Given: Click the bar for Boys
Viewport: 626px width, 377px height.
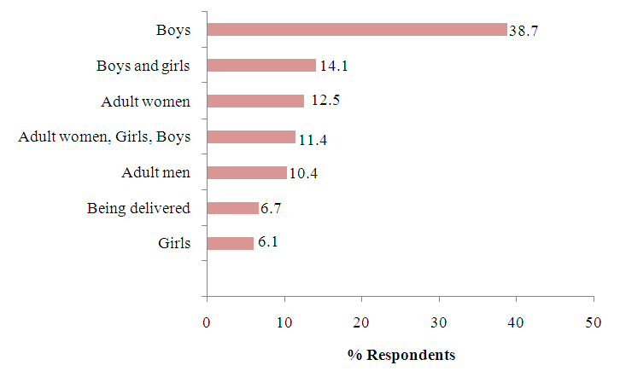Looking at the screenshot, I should click(x=357, y=30).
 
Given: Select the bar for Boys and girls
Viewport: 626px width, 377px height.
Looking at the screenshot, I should click(x=261, y=65).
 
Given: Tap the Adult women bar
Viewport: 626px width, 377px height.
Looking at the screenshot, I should click(x=255, y=101).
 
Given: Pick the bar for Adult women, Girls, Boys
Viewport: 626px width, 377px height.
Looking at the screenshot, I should click(x=251, y=136).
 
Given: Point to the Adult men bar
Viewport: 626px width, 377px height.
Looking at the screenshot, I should click(x=247, y=172).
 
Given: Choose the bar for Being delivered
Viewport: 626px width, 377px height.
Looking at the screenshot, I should click(x=232, y=208).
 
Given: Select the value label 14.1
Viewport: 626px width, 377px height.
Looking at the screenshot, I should click(x=331, y=66).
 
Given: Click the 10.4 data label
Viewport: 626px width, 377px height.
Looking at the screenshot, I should click(x=303, y=173).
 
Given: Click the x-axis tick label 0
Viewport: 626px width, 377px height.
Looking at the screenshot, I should click(x=207, y=322).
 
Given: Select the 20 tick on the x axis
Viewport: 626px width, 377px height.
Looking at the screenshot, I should click(x=361, y=322).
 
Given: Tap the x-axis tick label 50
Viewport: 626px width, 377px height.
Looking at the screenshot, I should click(x=594, y=322).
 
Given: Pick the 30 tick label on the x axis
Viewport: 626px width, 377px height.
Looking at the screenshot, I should click(x=439, y=322).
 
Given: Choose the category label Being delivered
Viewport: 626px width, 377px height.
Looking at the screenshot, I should click(x=138, y=208).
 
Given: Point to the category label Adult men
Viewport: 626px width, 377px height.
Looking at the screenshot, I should click(x=155, y=172).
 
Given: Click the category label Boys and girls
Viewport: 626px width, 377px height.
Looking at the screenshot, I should click(x=143, y=65).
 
